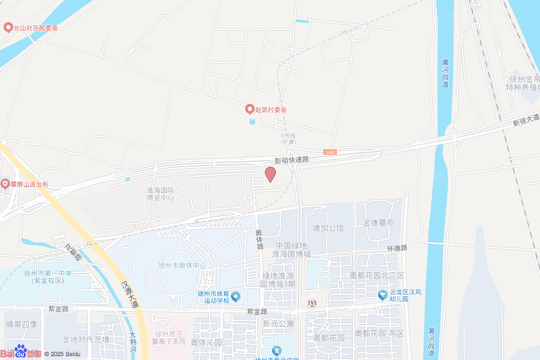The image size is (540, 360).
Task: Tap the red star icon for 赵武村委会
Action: tap(250, 110)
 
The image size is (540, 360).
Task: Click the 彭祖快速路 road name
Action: tap(292, 159)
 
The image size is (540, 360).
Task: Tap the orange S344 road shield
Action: tap(330, 152)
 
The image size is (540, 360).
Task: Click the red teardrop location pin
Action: tap(270, 174)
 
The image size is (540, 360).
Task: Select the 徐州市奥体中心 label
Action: tap(182, 265)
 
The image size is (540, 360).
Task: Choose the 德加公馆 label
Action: tap(328, 228)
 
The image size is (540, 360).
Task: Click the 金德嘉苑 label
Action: tap(378, 223)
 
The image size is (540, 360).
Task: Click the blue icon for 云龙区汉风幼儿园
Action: tap(383, 294)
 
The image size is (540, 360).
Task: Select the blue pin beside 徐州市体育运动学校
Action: tap(235, 297)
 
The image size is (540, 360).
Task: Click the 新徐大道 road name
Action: tap(526, 119)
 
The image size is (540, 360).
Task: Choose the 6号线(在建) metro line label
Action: tap(288, 139)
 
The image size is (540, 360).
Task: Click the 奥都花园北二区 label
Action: tap(377, 276)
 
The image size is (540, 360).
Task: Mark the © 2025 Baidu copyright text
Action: tap(62, 354)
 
